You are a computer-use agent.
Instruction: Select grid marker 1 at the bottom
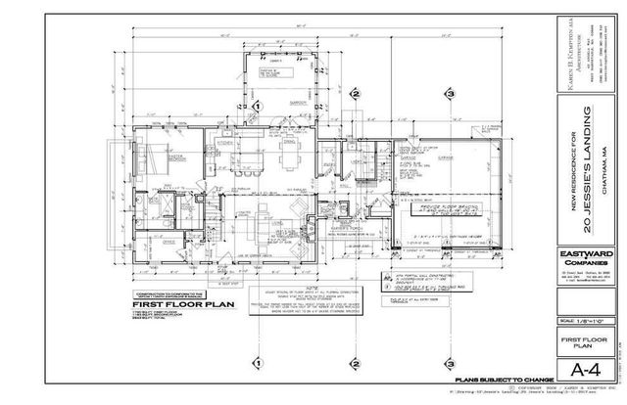pyautogui.click(x=255, y=363)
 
